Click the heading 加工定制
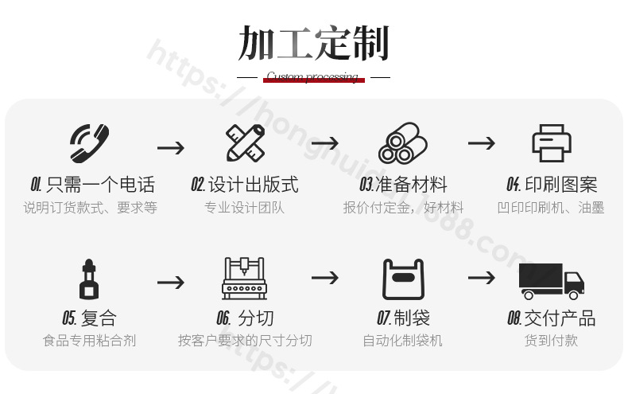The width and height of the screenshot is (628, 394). (313, 44)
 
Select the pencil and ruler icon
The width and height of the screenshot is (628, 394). (245, 143)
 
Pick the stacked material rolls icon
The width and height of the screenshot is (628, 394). (401, 143)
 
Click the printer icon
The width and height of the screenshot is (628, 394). (552, 143)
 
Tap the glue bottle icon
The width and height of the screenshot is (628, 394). (89, 279)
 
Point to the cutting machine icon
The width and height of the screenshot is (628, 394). (245, 278)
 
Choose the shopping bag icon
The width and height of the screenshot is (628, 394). (403, 279)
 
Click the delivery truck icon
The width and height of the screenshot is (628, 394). (551, 280)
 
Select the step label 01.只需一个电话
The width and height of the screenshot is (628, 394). (92, 185)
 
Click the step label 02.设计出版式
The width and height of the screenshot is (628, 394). (245, 185)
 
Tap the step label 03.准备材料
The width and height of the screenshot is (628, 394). (403, 185)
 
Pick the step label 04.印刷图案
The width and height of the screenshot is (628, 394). (552, 185)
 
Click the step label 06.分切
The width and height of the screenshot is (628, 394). (245, 318)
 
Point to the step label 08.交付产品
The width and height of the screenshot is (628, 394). (551, 318)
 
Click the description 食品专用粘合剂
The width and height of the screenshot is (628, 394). (89, 341)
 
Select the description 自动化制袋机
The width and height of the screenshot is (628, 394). (402, 341)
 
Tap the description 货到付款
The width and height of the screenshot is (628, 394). (551, 341)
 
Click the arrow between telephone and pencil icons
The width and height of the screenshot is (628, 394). (170, 147)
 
